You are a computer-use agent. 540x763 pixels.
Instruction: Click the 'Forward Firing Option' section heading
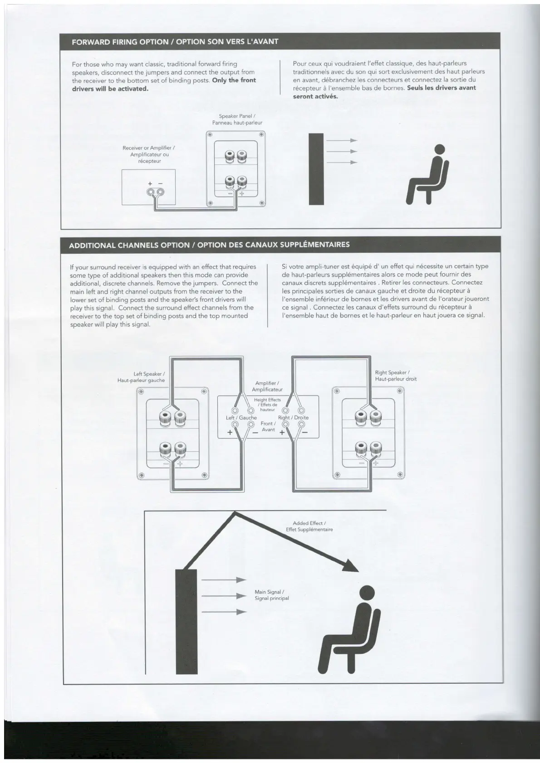pos(175,42)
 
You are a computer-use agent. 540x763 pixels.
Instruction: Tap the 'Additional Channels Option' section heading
pos(209,245)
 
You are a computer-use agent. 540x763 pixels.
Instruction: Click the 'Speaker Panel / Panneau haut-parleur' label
pos(237,119)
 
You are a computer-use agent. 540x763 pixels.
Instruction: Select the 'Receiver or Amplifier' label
pos(149,155)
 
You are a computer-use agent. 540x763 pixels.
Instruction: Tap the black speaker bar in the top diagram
pos(316,169)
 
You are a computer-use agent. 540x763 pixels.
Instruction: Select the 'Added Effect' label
pos(309,526)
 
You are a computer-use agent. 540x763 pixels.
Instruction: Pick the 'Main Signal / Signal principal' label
pos(271,595)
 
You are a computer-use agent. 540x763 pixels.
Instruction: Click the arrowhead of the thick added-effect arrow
pos(351,566)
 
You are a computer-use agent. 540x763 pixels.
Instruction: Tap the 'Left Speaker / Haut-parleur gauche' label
pos(141,377)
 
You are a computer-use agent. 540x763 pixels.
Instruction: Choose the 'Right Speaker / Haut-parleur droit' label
pos(395,376)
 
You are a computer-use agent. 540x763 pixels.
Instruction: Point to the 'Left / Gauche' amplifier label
pos(241,418)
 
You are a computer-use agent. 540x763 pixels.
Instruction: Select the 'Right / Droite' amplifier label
pos(293,418)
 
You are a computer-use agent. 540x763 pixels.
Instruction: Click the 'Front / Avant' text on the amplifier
pos(268,426)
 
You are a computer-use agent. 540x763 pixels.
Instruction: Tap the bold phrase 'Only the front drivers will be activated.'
pos(165,84)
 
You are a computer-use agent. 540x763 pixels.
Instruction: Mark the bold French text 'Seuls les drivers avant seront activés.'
pos(384,92)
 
